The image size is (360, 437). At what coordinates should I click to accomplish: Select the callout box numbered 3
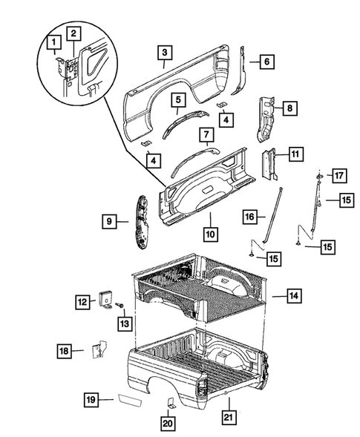(x=165, y=52)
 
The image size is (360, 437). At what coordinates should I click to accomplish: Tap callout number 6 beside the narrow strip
(x=265, y=63)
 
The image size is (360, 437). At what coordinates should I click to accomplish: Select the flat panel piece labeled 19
(x=122, y=401)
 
